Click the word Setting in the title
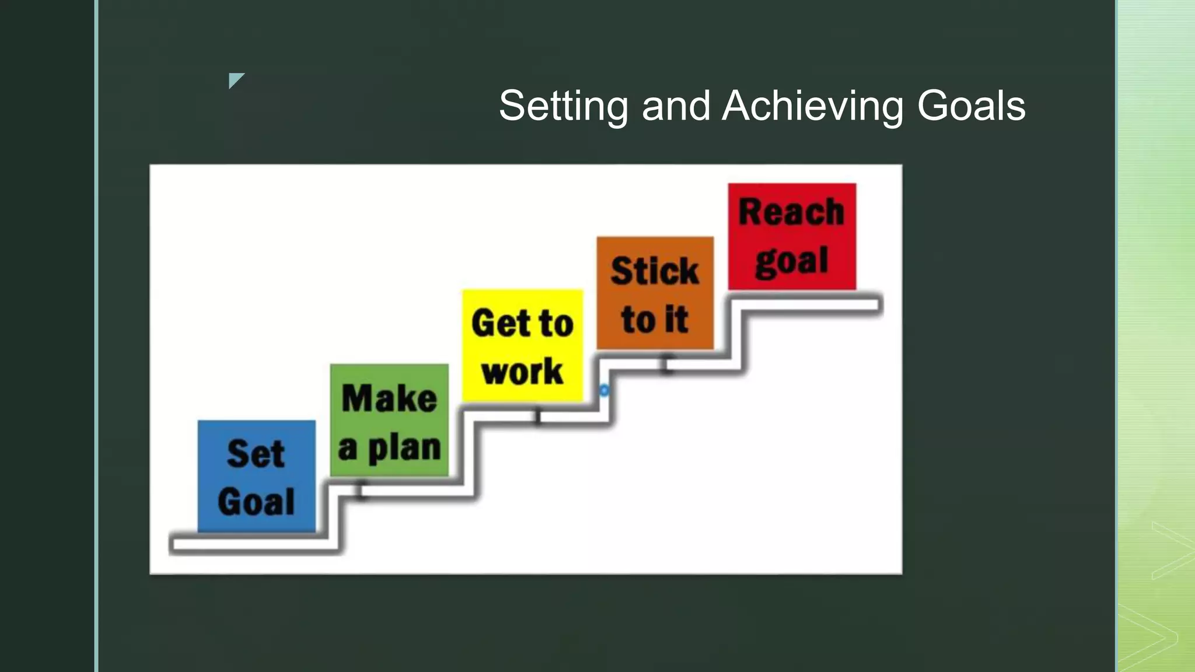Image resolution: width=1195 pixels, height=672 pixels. point(563,106)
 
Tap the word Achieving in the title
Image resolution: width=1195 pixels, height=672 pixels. point(812,106)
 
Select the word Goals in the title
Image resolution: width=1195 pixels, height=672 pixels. point(971,106)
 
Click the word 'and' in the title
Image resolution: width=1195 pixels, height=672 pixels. point(676,106)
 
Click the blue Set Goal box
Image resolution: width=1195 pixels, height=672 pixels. point(257,476)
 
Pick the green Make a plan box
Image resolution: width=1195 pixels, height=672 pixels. point(389,421)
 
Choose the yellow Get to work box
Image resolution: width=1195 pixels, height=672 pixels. point(522,345)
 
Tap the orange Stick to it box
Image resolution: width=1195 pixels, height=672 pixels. point(655,293)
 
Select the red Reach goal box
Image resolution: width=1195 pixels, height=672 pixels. point(792,236)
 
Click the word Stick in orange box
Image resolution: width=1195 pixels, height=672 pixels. point(655,271)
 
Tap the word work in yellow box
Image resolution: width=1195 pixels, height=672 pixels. point(522,372)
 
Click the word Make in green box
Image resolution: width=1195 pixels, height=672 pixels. point(389,398)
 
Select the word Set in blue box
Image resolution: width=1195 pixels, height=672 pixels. point(256,454)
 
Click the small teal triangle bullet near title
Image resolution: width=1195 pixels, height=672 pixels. point(235,80)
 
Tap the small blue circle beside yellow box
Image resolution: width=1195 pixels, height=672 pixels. point(604,390)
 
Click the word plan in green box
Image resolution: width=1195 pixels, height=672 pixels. point(404,448)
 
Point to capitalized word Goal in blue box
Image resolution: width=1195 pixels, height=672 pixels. point(256,502)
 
